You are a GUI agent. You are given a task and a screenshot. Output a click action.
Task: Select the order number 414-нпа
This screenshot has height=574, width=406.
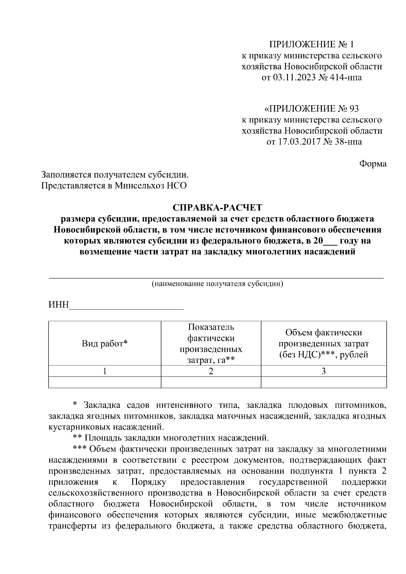click(345, 77)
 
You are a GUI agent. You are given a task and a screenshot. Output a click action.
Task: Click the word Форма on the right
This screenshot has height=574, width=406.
click(373, 164)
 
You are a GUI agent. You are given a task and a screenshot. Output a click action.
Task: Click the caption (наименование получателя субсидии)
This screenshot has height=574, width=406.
click(217, 283)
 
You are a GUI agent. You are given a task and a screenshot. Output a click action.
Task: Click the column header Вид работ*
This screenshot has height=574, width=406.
click(105, 344)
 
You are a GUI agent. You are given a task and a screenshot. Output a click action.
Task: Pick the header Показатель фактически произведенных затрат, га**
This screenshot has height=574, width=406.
click(211, 344)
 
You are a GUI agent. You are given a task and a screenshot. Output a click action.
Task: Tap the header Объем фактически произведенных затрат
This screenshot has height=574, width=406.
click(323, 344)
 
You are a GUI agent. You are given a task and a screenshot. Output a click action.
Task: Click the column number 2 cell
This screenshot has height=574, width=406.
click(211, 371)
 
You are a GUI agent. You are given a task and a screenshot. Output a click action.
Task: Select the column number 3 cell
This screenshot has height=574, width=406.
click(323, 371)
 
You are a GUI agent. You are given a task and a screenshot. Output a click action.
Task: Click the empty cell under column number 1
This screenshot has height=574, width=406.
click(105, 382)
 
